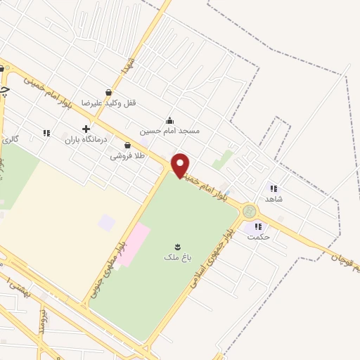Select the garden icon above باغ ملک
point(178,245)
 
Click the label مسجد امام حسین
point(169,131)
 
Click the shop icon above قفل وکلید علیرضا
point(108,91)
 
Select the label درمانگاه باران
point(85,140)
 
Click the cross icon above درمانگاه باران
point(86,129)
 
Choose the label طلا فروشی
point(127,156)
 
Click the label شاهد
point(274,200)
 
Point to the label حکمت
point(258,237)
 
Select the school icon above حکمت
point(258,226)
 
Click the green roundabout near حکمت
point(248,211)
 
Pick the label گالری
point(11,140)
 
